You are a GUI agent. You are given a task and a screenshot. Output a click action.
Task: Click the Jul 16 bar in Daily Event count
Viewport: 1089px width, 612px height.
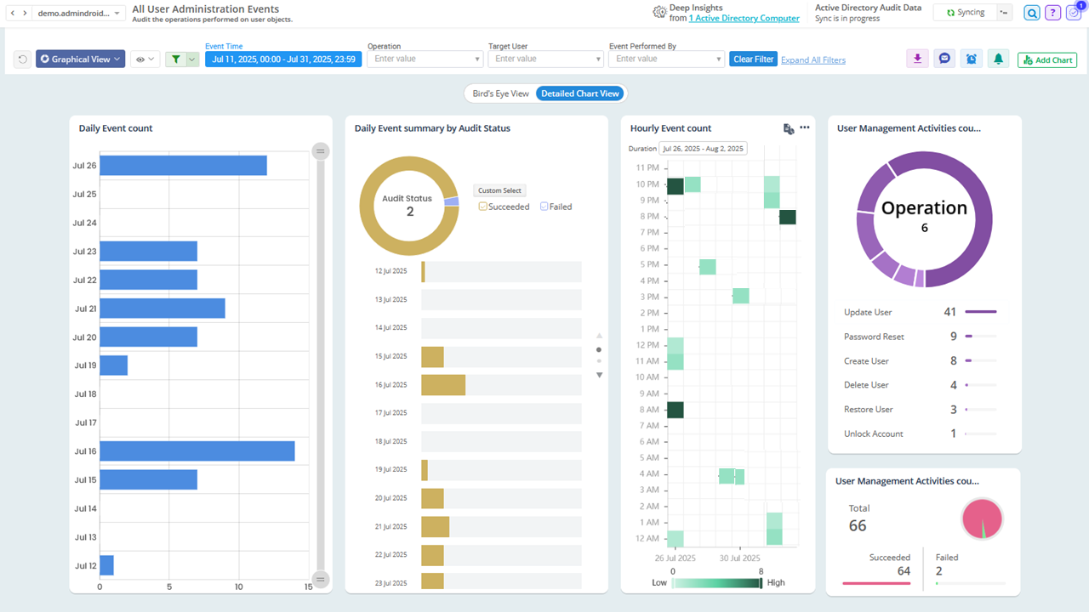(x=197, y=451)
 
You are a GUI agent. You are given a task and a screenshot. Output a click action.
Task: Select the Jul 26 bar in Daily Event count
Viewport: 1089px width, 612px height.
(x=183, y=166)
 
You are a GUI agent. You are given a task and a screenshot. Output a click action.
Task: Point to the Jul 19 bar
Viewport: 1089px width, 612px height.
(x=113, y=365)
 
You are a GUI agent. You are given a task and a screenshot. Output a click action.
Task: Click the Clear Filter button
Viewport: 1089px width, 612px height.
(x=753, y=59)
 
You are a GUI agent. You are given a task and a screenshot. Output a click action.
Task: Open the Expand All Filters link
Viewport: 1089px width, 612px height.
(x=812, y=60)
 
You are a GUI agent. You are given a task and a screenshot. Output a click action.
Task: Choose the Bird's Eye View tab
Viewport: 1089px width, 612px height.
(x=500, y=93)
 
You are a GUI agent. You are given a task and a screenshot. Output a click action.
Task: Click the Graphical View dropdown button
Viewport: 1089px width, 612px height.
(x=80, y=59)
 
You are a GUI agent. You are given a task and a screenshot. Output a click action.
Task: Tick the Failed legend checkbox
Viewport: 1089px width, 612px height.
(x=544, y=207)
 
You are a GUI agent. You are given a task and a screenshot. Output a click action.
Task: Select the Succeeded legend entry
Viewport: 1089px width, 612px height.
(x=504, y=207)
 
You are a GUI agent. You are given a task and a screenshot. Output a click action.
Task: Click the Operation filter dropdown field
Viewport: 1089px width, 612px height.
(x=425, y=59)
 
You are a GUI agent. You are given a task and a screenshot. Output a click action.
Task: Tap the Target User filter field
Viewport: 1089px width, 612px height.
(x=545, y=59)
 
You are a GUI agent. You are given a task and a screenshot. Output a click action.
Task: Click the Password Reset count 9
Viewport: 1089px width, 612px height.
(x=954, y=337)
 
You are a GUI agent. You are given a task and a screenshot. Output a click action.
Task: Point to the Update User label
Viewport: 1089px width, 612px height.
(x=868, y=313)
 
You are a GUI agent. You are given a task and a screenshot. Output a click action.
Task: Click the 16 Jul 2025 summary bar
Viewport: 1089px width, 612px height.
(x=443, y=385)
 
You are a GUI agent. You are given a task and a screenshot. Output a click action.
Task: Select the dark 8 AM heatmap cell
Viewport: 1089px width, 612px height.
(x=675, y=410)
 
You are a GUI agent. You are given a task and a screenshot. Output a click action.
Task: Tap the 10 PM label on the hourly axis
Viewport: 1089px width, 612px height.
(x=647, y=184)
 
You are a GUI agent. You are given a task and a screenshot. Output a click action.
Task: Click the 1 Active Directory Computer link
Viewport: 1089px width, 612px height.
(x=744, y=19)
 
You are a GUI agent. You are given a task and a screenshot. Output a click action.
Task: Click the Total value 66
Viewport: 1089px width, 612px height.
(x=858, y=525)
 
